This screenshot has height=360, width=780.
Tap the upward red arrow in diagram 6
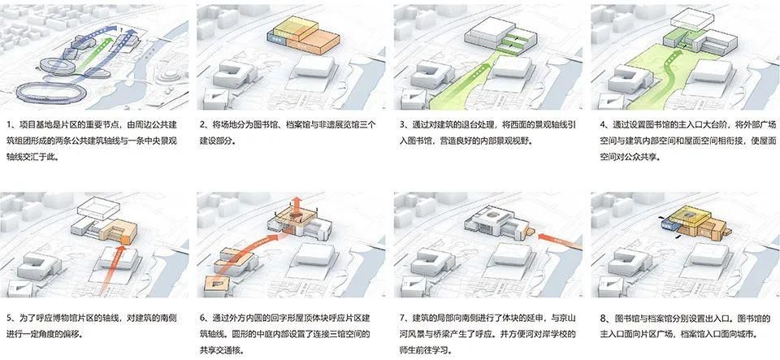click(x=298, y=205)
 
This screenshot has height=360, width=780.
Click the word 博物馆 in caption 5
click(x=54, y=318)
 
